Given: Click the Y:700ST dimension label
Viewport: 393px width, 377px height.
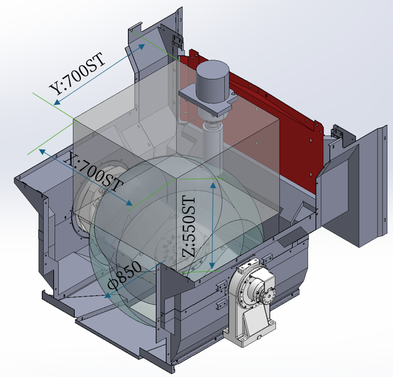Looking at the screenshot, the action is click(77, 74).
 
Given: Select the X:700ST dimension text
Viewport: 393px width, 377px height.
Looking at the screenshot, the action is click(94, 172).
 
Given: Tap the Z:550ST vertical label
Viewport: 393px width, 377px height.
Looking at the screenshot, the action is click(189, 226).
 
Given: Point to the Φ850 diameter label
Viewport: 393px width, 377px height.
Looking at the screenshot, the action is click(124, 274).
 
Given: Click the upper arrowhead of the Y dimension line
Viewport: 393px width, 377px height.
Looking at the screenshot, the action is click(142, 47).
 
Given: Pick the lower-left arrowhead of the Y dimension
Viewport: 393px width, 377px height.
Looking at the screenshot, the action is click(57, 102).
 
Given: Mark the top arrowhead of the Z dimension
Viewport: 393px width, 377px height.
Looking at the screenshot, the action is click(213, 185).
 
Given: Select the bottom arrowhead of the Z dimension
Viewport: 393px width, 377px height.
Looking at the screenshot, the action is click(212, 266).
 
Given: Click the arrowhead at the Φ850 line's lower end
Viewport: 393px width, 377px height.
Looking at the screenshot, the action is click(107, 295).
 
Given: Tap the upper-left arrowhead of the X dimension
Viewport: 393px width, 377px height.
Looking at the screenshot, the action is click(42, 151).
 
